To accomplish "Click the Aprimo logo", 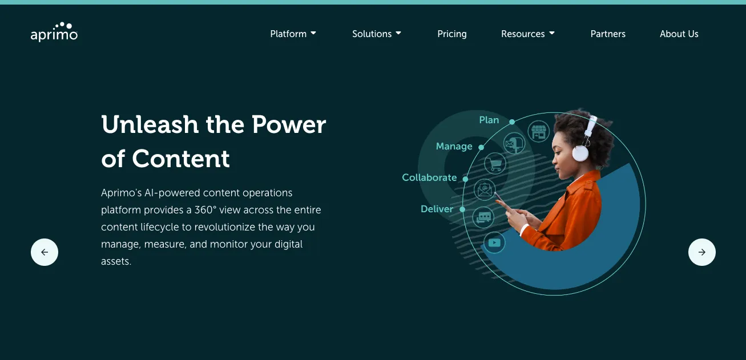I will [x=54, y=33].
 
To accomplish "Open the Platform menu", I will [x=293, y=34].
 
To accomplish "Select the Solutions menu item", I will [x=377, y=34].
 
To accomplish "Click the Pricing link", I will [x=452, y=34].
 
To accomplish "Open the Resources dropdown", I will [x=528, y=34].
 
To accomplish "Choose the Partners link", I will [x=608, y=34].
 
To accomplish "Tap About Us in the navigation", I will [x=679, y=34].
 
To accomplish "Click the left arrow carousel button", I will [x=45, y=252].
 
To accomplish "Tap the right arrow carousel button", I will [x=702, y=252].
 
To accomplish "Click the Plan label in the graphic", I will [x=489, y=120].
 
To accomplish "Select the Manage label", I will [x=454, y=146].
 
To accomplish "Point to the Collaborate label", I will [x=429, y=177].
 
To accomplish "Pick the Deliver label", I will [x=437, y=209].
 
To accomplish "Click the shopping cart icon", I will [x=495, y=164].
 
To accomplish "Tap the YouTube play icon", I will [x=494, y=243].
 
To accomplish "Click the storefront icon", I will [x=538, y=132].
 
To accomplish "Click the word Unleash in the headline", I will [x=150, y=124].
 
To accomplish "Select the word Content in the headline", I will [x=181, y=159].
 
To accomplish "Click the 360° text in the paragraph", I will [x=204, y=210].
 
